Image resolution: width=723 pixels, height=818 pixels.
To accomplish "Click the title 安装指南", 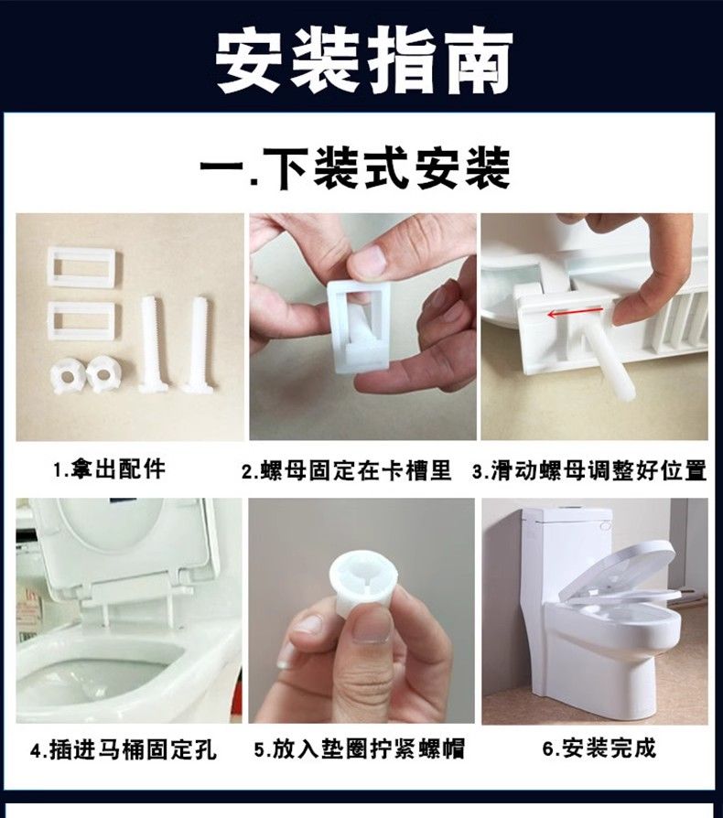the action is (363, 61).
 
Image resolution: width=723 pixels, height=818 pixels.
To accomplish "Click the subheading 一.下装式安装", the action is (355, 167).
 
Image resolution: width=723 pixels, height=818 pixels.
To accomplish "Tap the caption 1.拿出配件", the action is (110, 468).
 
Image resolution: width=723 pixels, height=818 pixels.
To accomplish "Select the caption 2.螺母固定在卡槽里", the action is (346, 470).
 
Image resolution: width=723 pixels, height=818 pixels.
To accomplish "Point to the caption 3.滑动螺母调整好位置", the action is (589, 470).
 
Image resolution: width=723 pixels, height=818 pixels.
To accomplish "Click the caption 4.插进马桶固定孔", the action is (124, 750).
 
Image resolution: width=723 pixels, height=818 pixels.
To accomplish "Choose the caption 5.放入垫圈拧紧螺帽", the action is (360, 749).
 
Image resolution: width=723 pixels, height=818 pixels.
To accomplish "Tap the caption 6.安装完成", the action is (599, 748).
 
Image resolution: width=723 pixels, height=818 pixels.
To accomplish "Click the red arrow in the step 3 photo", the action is (575, 314).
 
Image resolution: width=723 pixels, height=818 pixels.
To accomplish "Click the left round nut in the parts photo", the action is (68, 377).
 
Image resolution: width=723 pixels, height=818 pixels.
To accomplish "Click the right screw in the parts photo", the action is (196, 344).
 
